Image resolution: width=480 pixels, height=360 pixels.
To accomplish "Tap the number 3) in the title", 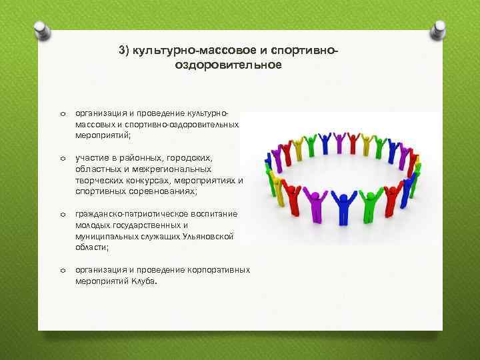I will click(124, 51).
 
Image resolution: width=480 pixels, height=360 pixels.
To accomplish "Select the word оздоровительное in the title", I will click(229, 65).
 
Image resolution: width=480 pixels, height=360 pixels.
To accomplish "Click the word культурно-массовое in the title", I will click(180, 51).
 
